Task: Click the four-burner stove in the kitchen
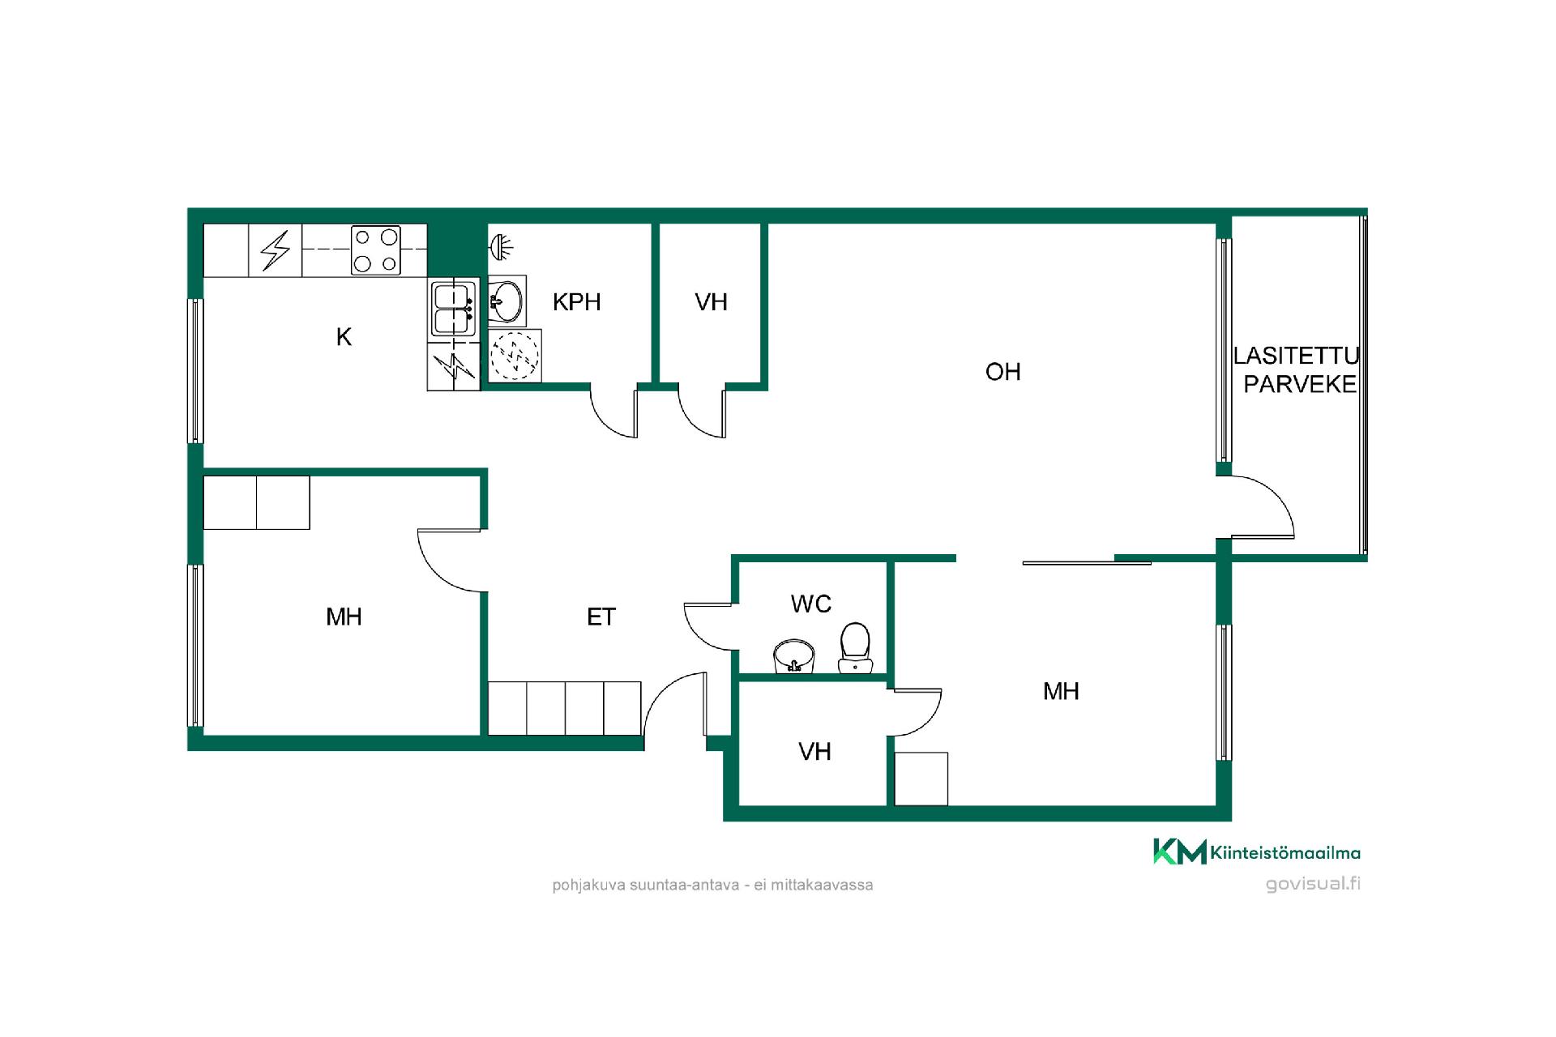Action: click(377, 250)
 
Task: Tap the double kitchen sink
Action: click(453, 309)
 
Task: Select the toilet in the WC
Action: click(854, 647)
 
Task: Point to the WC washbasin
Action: click(794, 656)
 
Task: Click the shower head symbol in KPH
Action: click(501, 246)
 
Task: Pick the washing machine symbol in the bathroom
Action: click(515, 355)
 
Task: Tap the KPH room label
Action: click(576, 302)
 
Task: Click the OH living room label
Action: click(1002, 372)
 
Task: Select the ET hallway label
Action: click(601, 617)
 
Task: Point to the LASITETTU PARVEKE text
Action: click(1297, 369)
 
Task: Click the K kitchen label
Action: click(344, 337)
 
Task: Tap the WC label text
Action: click(810, 604)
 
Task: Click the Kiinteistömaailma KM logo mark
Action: click(1179, 851)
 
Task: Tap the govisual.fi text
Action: click(1313, 883)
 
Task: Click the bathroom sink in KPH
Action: click(507, 301)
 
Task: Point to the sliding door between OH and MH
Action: click(1087, 562)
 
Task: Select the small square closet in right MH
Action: click(921, 779)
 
